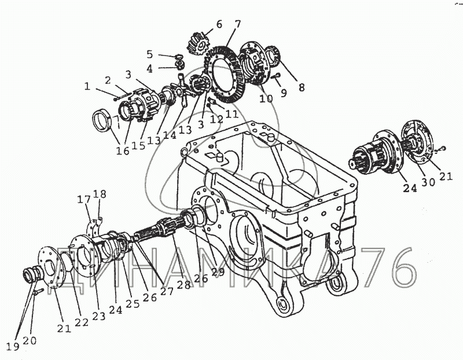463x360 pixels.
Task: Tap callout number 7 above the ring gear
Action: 237,25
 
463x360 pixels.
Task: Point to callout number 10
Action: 266,98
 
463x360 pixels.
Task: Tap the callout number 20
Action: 29,341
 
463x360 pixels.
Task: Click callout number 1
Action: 87,86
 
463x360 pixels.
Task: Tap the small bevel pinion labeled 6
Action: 197,42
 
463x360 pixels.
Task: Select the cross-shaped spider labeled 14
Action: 182,92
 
